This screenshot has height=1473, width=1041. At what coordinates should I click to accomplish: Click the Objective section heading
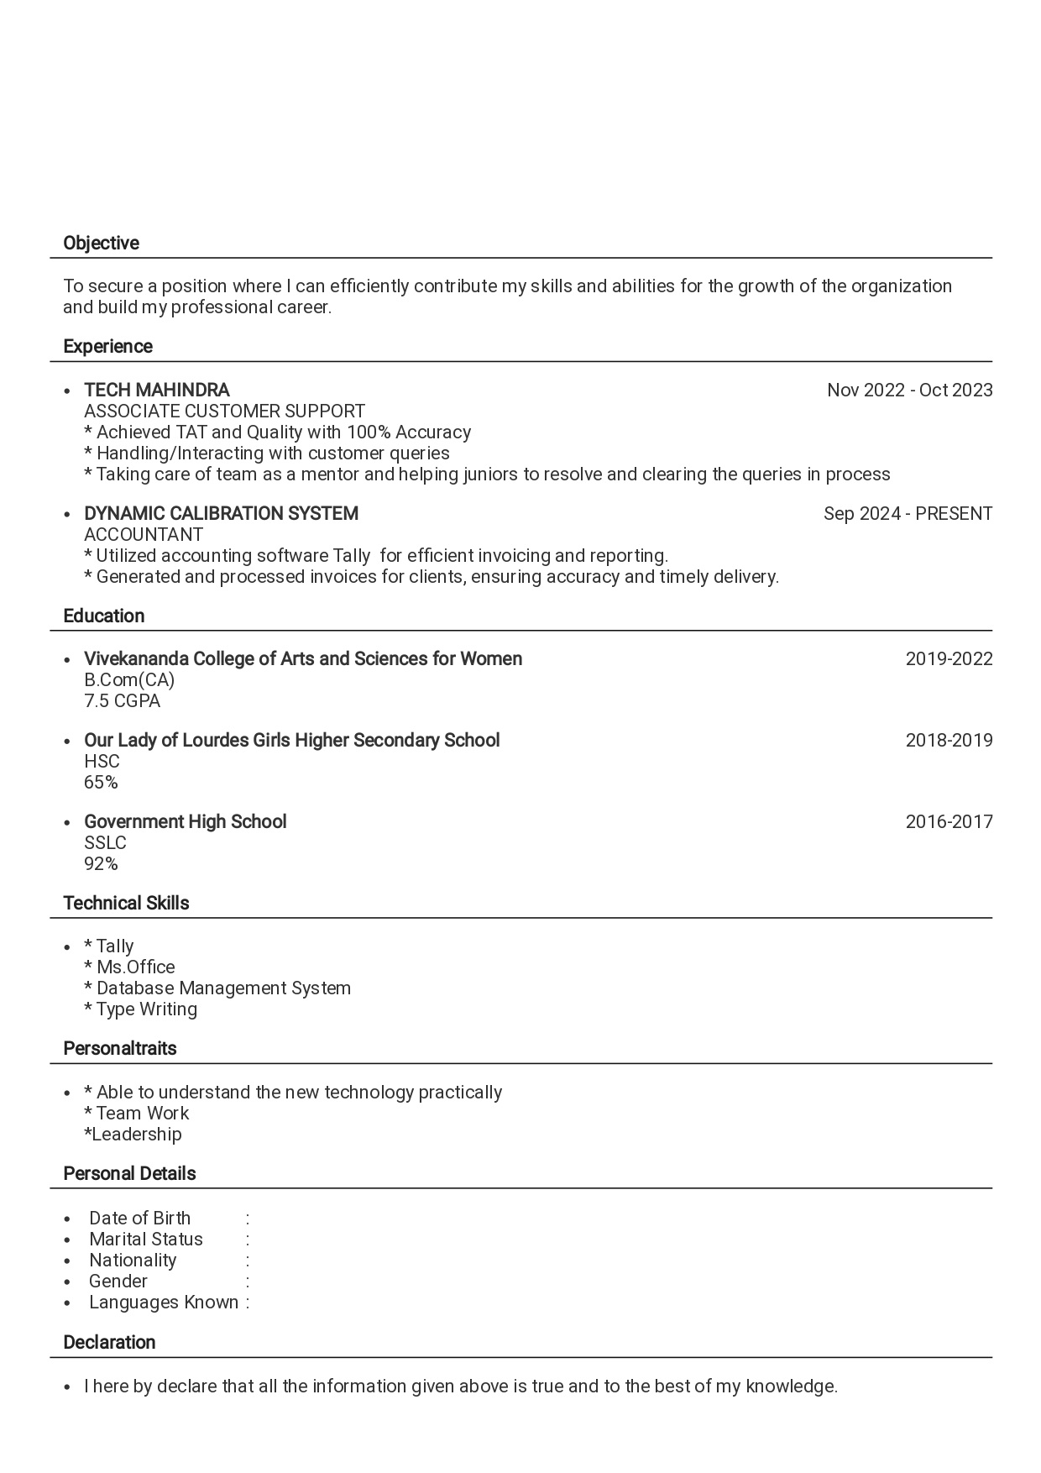click(x=101, y=244)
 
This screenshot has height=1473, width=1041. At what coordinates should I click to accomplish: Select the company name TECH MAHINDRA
click(x=156, y=390)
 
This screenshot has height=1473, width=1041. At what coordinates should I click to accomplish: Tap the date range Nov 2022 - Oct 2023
click(x=909, y=390)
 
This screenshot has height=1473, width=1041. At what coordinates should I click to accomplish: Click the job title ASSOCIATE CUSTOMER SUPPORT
click(x=224, y=411)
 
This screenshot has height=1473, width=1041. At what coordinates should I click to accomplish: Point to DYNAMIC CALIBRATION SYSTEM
click(x=221, y=513)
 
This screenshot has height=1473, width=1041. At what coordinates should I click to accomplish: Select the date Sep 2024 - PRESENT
click(x=908, y=513)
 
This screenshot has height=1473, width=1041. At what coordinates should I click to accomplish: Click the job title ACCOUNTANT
click(x=144, y=534)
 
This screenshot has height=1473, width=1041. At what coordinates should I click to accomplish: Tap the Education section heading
click(x=103, y=616)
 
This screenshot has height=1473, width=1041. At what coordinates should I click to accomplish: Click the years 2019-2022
click(x=949, y=658)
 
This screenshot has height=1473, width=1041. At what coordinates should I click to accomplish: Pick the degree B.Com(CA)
click(x=129, y=679)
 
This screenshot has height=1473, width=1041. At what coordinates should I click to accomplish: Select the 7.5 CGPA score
click(x=122, y=700)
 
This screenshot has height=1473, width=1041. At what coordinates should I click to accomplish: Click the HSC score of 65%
click(x=101, y=782)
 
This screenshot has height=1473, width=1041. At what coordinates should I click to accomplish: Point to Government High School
click(x=185, y=821)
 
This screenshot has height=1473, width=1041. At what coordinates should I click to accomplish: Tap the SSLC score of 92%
click(x=101, y=863)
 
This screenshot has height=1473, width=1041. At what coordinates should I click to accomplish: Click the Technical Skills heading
click(x=126, y=903)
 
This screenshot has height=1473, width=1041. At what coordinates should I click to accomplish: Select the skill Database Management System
click(x=223, y=988)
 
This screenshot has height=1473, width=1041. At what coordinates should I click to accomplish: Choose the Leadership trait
click(x=134, y=1134)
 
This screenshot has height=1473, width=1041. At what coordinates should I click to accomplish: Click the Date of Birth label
click(x=139, y=1218)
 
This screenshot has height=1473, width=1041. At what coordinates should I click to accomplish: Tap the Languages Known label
click(x=164, y=1302)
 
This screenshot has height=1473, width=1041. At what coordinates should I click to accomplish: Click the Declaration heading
click(x=109, y=1342)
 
